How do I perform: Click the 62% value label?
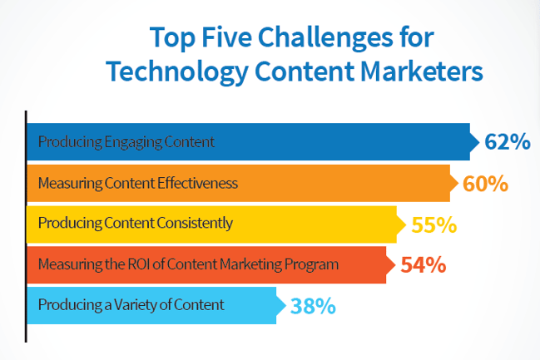click(x=508, y=142)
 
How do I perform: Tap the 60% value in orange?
click(x=485, y=183)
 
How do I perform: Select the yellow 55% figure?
click(x=434, y=224)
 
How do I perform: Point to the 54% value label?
click(x=424, y=265)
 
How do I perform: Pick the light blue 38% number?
click(x=313, y=306)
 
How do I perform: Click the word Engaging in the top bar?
click(x=133, y=142)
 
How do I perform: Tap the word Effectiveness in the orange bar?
click(x=197, y=183)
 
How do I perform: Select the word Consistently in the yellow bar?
click(x=195, y=224)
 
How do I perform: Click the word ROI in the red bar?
click(x=139, y=264)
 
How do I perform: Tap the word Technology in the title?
click(x=177, y=72)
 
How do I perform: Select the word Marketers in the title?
click(x=422, y=72)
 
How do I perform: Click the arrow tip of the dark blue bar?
click(x=479, y=142)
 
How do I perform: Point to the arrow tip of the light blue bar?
click(x=285, y=305)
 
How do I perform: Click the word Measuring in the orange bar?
click(x=70, y=184)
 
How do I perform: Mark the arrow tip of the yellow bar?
click(x=406, y=224)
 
